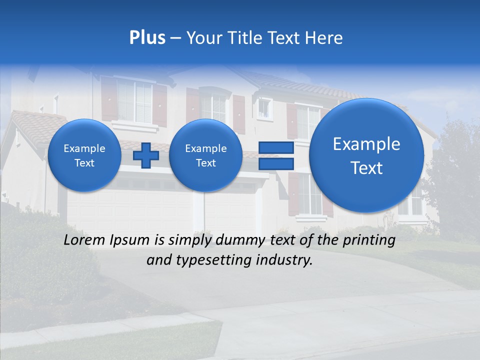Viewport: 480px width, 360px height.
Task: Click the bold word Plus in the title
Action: pos(147,38)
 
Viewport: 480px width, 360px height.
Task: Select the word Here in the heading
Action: pos(325,38)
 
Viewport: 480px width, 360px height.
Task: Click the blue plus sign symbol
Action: pos(146,155)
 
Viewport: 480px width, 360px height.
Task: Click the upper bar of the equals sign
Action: pos(275,147)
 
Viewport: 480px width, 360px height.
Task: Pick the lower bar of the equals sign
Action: pos(275,164)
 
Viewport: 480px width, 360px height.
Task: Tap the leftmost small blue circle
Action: pos(84,155)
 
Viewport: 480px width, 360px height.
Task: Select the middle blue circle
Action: pos(205,155)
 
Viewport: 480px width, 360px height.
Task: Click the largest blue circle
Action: pos(366,155)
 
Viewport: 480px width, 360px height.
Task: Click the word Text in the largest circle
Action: pos(366,168)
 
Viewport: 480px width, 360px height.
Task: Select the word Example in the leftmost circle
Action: pos(84,148)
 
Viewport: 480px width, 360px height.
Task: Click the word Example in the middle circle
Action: pos(205,148)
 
